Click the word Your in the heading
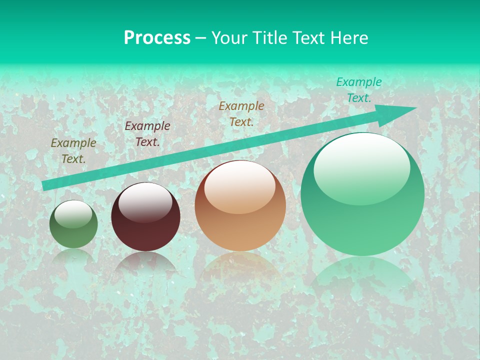pyautogui.click(x=229, y=38)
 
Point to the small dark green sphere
pyautogui.click(x=73, y=224)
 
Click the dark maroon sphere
pyautogui.click(x=145, y=217)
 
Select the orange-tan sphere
pyautogui.click(x=240, y=206)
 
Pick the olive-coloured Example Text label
pyautogui.click(x=73, y=151)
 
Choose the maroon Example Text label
pyautogui.click(x=147, y=134)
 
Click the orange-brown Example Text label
pyautogui.click(x=241, y=113)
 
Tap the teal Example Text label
pyautogui.click(x=359, y=90)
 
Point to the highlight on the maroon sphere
pyautogui.click(x=145, y=202)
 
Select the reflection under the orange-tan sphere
pyautogui.click(x=240, y=265)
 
